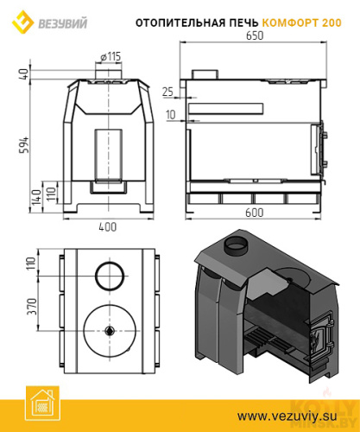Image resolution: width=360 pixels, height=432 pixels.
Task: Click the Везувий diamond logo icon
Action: tap(22, 22)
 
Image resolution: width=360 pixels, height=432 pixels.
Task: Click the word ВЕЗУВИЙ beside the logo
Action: tap(63, 23)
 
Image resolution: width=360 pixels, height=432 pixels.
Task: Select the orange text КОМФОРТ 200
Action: tap(302, 22)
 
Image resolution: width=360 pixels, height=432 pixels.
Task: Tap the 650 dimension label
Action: tap(255, 35)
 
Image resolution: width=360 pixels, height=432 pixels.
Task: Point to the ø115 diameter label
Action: tap(111, 57)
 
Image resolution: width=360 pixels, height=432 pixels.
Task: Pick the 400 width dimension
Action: tap(108, 227)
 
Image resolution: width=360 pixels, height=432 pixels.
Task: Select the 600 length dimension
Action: tap(255, 213)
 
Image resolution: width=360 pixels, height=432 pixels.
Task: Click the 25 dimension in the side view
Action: tap(168, 92)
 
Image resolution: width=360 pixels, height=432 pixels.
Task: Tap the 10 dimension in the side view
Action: tap(171, 115)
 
